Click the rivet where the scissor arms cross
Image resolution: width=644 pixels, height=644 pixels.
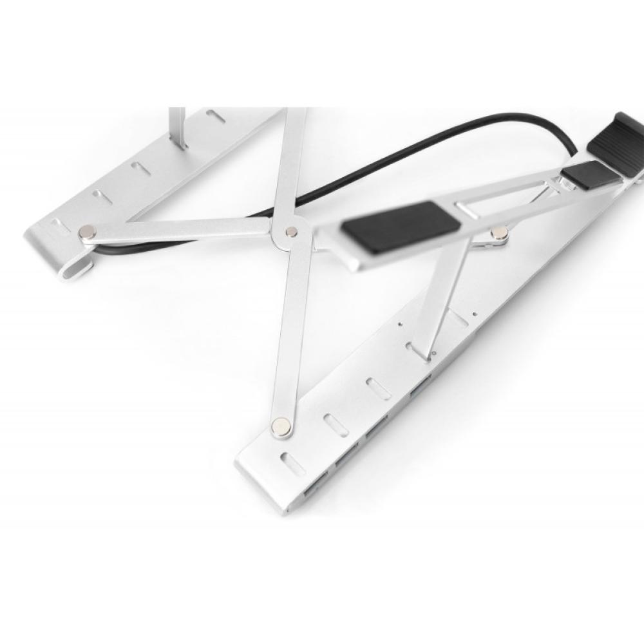(291, 232)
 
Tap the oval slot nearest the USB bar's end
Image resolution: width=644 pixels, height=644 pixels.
(293, 464)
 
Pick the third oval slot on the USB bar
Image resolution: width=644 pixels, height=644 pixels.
(377, 390)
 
